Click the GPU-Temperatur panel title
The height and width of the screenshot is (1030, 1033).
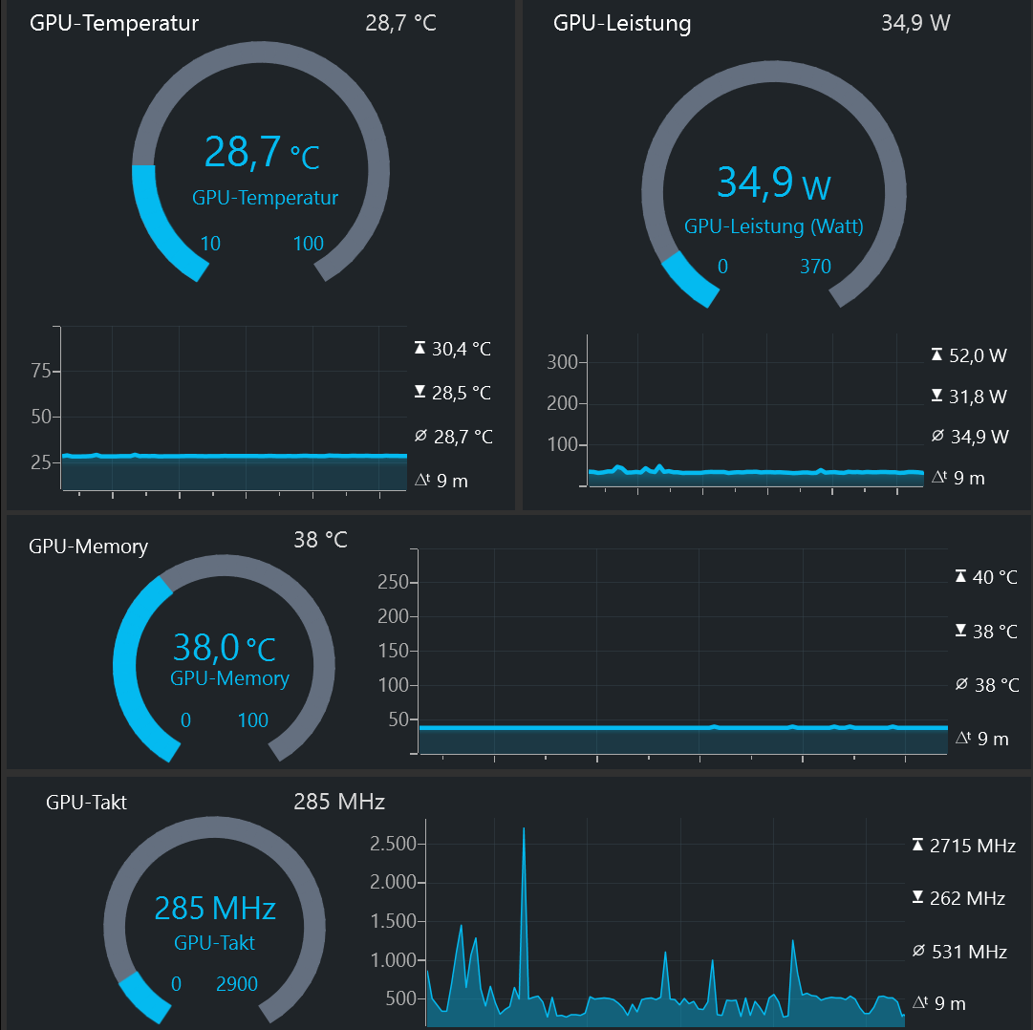pyautogui.click(x=115, y=24)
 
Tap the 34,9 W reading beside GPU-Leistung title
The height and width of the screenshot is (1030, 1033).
pyautogui.click(x=915, y=22)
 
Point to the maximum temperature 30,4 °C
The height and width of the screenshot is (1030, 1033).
pyautogui.click(x=461, y=349)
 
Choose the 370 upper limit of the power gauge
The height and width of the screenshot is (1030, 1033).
pyautogui.click(x=815, y=267)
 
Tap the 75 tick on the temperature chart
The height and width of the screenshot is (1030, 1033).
pyautogui.click(x=40, y=372)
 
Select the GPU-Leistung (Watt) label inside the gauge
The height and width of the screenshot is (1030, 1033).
pyautogui.click(x=774, y=226)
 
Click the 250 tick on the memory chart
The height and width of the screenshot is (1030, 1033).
pyautogui.click(x=393, y=582)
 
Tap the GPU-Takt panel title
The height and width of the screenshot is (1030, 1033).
pyautogui.click(x=86, y=803)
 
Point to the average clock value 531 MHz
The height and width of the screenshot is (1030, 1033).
pyautogui.click(x=974, y=952)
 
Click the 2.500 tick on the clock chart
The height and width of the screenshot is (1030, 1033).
pyautogui.click(x=393, y=844)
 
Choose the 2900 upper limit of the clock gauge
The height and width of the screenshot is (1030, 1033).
pyautogui.click(x=237, y=984)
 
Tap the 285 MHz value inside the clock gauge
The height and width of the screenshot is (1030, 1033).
pyautogui.click(x=215, y=908)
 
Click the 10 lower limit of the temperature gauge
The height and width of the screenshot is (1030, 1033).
pyautogui.click(x=210, y=244)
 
